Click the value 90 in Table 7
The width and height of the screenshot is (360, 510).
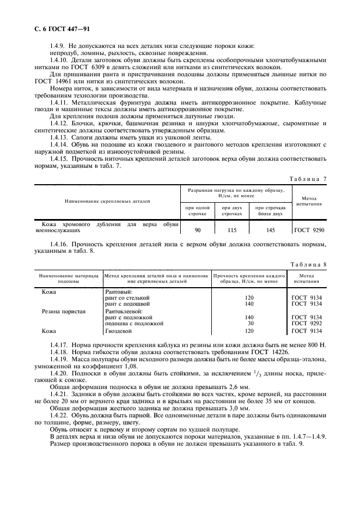[197, 230]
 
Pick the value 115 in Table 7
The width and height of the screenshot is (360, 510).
[232, 230]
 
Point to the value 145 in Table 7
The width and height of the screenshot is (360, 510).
[271, 230]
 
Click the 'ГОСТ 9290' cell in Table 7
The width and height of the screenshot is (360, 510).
[309, 230]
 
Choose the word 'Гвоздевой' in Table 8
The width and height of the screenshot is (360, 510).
[118, 330]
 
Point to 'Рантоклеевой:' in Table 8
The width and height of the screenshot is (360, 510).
[123, 311]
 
